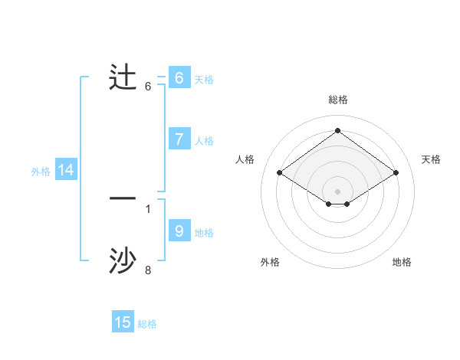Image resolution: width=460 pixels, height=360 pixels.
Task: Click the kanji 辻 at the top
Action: point(123,77)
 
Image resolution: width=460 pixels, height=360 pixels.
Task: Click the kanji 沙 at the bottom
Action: point(123,261)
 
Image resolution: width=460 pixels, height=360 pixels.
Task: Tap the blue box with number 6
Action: point(179,77)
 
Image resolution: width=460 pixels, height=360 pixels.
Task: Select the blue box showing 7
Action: point(179,139)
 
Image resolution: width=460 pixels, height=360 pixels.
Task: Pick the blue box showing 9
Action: point(179,231)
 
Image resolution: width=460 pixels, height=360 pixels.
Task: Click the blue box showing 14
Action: point(66,171)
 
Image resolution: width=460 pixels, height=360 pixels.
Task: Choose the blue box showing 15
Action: point(123,322)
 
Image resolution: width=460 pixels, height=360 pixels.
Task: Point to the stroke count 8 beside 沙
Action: point(148,270)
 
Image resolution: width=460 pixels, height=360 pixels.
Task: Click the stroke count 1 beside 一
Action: point(148,208)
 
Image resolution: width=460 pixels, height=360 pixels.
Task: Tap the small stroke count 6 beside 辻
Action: point(148,86)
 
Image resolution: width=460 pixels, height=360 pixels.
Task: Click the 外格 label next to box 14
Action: point(41,172)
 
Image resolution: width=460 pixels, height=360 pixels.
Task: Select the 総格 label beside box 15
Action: point(147,324)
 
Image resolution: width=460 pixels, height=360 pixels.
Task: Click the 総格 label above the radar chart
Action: point(337,100)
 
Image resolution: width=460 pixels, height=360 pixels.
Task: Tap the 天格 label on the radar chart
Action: point(431,159)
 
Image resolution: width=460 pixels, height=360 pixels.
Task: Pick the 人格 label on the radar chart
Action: point(245,159)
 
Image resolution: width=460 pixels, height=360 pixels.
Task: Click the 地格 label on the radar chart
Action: point(402,262)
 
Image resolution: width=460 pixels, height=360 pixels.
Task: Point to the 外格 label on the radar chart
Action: point(270,262)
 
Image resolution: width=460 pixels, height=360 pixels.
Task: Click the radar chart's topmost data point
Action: point(337,130)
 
